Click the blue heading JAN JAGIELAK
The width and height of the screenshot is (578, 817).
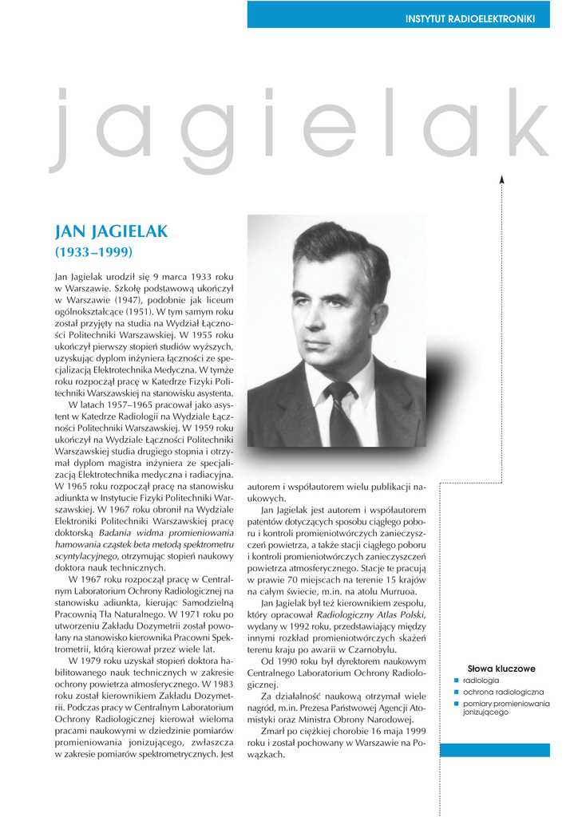pyautogui.click(x=111, y=231)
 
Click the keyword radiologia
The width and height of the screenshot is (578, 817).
pyautogui.click(x=481, y=681)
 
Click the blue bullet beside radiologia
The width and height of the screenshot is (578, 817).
pyautogui.click(x=457, y=681)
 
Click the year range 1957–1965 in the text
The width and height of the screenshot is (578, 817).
pyautogui.click(x=122, y=405)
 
